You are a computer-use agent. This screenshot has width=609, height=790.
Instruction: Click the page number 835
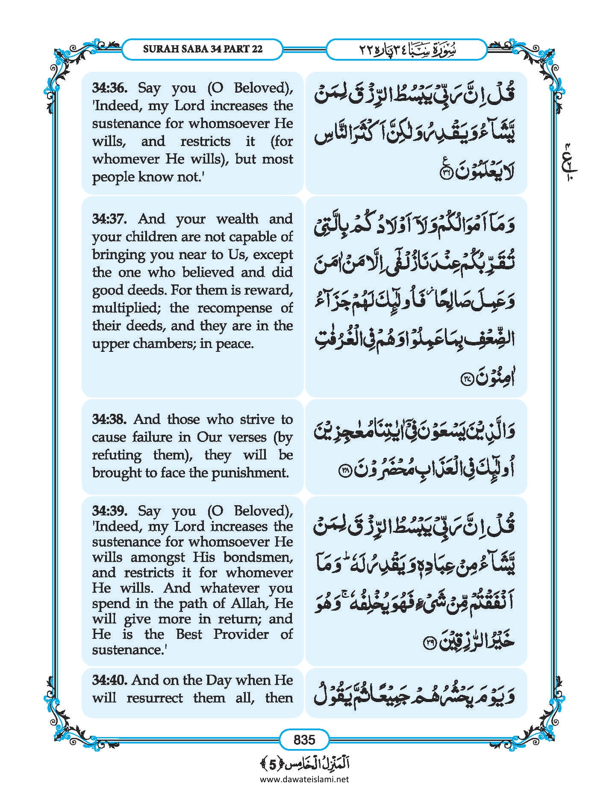click(304, 739)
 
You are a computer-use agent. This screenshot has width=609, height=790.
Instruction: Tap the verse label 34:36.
click(109, 88)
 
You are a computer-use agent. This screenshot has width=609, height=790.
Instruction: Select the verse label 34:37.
click(109, 219)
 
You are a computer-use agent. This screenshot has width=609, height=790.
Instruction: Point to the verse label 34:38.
click(109, 419)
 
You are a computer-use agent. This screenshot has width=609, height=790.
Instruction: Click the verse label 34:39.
click(109, 511)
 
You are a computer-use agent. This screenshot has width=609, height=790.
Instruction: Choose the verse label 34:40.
click(109, 680)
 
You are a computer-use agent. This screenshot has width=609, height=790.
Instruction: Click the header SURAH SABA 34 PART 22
click(203, 49)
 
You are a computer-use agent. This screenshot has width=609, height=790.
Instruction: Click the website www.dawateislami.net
click(304, 779)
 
